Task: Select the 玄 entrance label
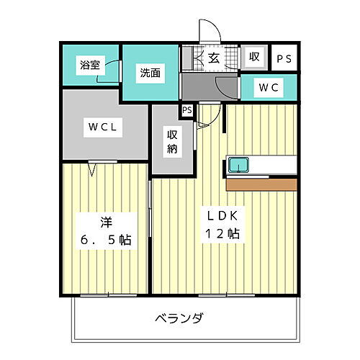pos(214,58)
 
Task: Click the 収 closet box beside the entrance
pos(254,58)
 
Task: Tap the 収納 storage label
pos(173,143)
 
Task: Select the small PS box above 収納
pos(186,110)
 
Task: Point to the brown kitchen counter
pos(261,184)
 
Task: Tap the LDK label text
pos(223,215)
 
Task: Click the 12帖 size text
pos(223,234)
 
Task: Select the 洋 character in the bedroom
pos(106,220)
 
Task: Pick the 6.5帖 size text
pos(106,240)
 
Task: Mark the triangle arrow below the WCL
pos(93,170)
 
